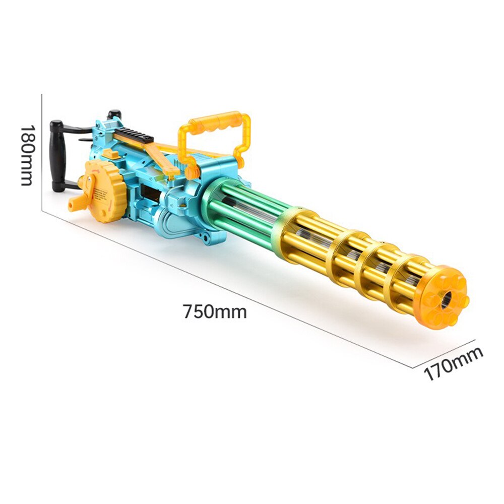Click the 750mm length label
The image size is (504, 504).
click(215, 311)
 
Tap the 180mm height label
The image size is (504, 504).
click(27, 156)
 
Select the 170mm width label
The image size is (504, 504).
click(454, 363)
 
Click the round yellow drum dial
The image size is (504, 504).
click(106, 191)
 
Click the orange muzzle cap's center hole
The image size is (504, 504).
click(446, 299)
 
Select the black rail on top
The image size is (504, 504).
click(134, 135)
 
